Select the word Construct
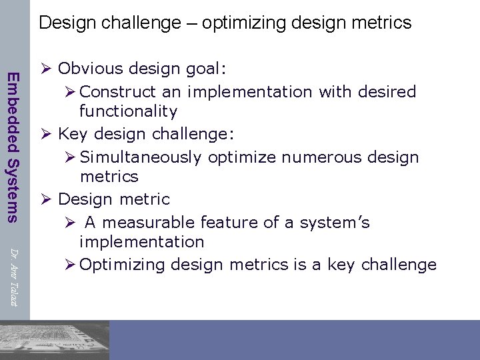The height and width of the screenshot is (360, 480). point(117,91)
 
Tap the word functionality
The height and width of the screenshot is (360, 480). point(128,111)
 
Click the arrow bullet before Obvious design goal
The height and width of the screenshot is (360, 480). point(46,69)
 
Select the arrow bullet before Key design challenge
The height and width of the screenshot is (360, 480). point(46,134)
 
